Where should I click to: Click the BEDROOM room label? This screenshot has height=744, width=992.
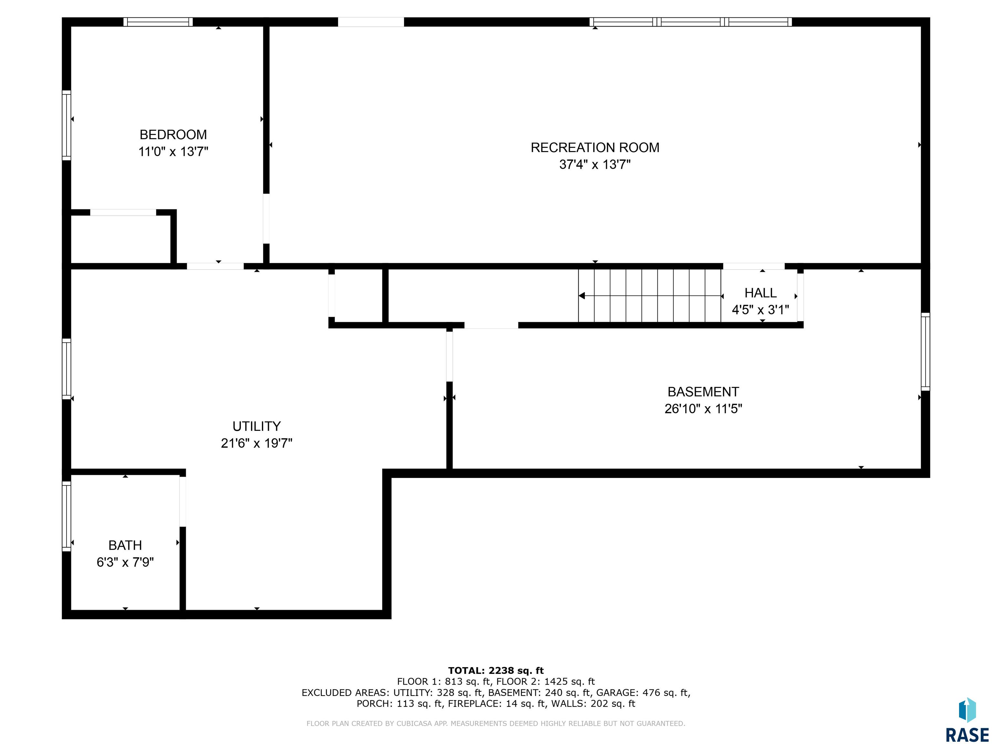click(x=173, y=135)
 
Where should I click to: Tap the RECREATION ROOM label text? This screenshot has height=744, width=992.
click(x=595, y=148)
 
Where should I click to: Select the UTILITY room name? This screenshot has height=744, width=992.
click(x=256, y=426)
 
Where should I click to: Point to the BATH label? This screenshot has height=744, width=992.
click(x=125, y=545)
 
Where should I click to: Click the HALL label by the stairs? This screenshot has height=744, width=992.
click(x=760, y=293)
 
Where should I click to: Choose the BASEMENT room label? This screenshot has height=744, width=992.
click(x=703, y=392)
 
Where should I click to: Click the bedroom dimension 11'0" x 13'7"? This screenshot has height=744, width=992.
click(x=173, y=151)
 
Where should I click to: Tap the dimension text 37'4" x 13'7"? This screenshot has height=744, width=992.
click(x=595, y=165)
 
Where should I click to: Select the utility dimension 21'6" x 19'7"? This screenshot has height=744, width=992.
click(x=256, y=443)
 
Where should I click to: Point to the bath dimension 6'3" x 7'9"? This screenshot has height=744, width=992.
click(x=125, y=563)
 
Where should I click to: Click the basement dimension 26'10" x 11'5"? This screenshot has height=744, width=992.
click(x=703, y=409)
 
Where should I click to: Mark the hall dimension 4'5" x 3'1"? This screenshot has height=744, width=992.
click(x=760, y=310)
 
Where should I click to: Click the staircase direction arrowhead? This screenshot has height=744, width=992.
click(x=582, y=296)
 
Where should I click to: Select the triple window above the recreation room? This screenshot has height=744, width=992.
click(x=691, y=22)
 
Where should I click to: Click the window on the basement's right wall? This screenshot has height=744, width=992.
click(x=925, y=352)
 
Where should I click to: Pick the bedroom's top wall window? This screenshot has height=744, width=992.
click(x=158, y=22)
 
